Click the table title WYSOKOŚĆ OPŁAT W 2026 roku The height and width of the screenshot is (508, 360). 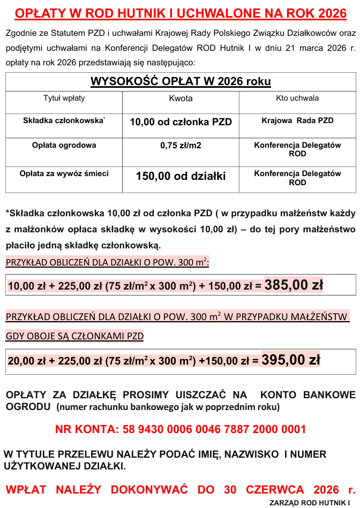tap(181, 82)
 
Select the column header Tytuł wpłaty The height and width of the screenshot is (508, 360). tap(64, 98)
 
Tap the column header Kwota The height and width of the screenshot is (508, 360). tap(181, 98)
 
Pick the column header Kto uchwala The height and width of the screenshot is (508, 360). tap(297, 98)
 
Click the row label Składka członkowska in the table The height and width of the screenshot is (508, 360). tap(64, 121)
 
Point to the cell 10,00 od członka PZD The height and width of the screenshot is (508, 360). tap(181, 122)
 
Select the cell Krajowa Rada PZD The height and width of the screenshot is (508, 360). tap(297, 121)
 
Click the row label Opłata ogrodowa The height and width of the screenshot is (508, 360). tap(64, 146)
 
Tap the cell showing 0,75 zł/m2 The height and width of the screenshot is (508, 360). tap(181, 146)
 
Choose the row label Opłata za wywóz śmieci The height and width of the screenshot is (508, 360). tap(64, 174)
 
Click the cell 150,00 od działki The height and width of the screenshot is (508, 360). tap(181, 176)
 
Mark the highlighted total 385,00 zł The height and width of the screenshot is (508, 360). tap(294, 285)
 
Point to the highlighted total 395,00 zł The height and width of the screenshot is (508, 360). tap(291, 360)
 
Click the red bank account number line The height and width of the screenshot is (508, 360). tap(181, 429)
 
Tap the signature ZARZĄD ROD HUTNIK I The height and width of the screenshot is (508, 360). tap(313, 503)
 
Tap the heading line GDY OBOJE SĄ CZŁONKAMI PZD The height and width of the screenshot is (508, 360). tap(74, 336)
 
